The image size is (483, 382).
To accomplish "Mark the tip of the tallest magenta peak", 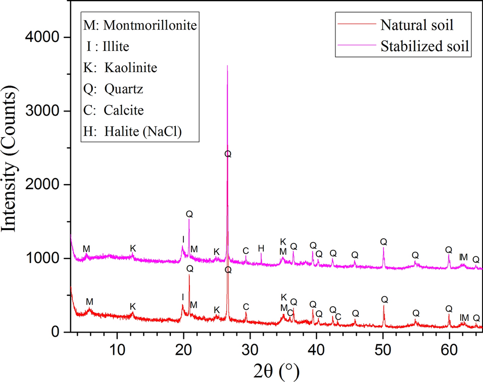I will coord(227,66).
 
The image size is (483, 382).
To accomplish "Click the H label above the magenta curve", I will coord(261,248).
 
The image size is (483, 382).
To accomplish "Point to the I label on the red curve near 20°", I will coord(183,297).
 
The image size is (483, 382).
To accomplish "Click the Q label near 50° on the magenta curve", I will coord(383,242).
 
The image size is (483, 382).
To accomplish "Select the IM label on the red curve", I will coord(464,317).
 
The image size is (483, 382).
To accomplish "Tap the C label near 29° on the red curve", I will coord(246,307).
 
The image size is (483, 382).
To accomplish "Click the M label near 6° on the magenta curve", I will coord(86,249).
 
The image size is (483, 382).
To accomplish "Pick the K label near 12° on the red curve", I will coord(133,306).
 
